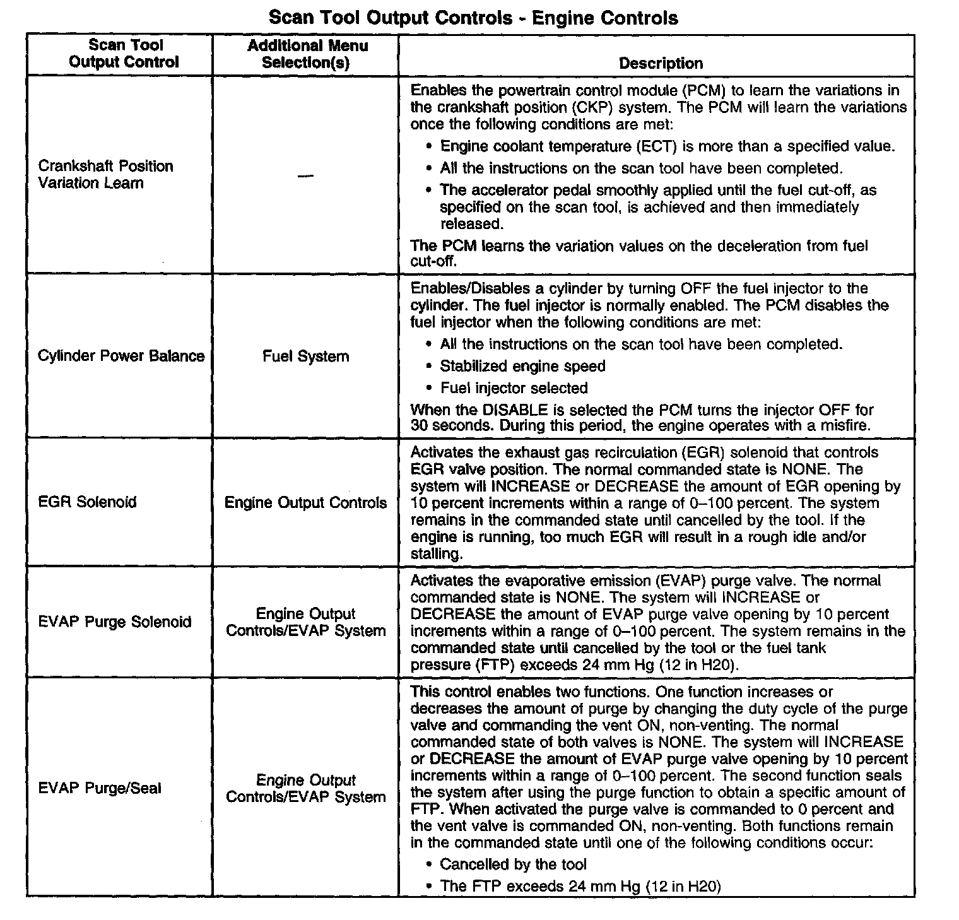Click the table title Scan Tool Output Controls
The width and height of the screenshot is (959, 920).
point(473,17)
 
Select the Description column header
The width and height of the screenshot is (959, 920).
point(660,63)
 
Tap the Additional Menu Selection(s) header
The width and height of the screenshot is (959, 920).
point(307,54)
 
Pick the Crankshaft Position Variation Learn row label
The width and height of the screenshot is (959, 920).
point(105,175)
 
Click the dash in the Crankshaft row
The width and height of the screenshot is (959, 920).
point(306,175)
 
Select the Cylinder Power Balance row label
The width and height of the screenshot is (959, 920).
point(121,356)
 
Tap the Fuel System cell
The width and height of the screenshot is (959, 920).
point(306,357)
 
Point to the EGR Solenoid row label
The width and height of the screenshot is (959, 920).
point(87,502)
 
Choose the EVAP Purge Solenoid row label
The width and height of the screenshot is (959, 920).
point(114,622)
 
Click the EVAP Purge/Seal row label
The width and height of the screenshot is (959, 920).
point(100,788)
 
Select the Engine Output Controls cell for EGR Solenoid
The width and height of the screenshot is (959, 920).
point(306,503)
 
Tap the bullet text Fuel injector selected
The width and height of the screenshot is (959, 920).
point(514,388)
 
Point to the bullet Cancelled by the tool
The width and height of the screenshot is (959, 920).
point(513,864)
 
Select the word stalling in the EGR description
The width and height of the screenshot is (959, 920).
point(436,554)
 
